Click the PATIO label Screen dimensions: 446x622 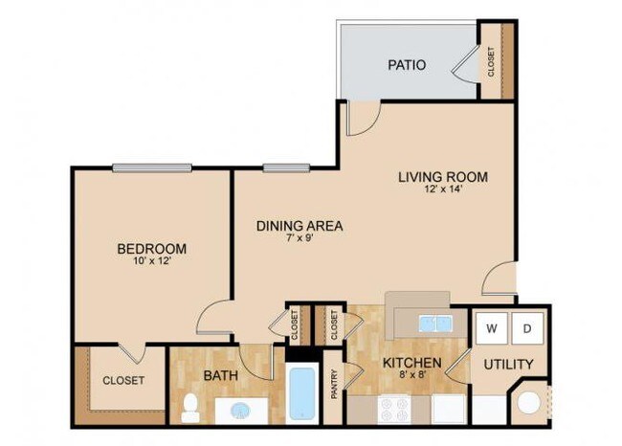[x=407, y=65]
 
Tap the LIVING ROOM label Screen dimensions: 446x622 [x=443, y=177]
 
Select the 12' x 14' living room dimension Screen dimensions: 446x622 [x=443, y=190]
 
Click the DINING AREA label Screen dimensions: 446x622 [x=299, y=226]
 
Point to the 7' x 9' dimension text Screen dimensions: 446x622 [x=299, y=239]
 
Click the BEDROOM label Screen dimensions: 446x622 [x=150, y=249]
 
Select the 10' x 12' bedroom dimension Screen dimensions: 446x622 [x=150, y=261]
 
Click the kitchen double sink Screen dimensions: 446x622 [x=433, y=324]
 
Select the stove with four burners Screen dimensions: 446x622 [x=394, y=409]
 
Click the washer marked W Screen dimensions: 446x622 [x=492, y=328]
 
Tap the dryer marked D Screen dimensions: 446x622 [x=527, y=328]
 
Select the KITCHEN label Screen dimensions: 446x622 [x=411, y=364]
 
